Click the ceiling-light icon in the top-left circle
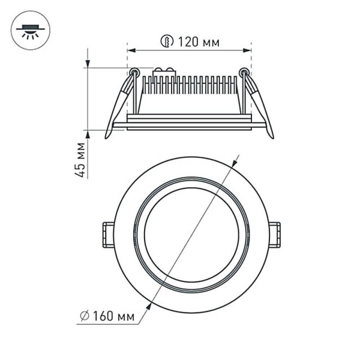click(x=31, y=30)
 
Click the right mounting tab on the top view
click(x=274, y=235)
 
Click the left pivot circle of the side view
click(x=134, y=73)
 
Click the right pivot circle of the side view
click(x=244, y=73)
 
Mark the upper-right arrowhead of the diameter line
click(x=236, y=160)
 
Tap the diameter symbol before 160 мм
click(x=85, y=314)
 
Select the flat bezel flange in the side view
click(x=189, y=125)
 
